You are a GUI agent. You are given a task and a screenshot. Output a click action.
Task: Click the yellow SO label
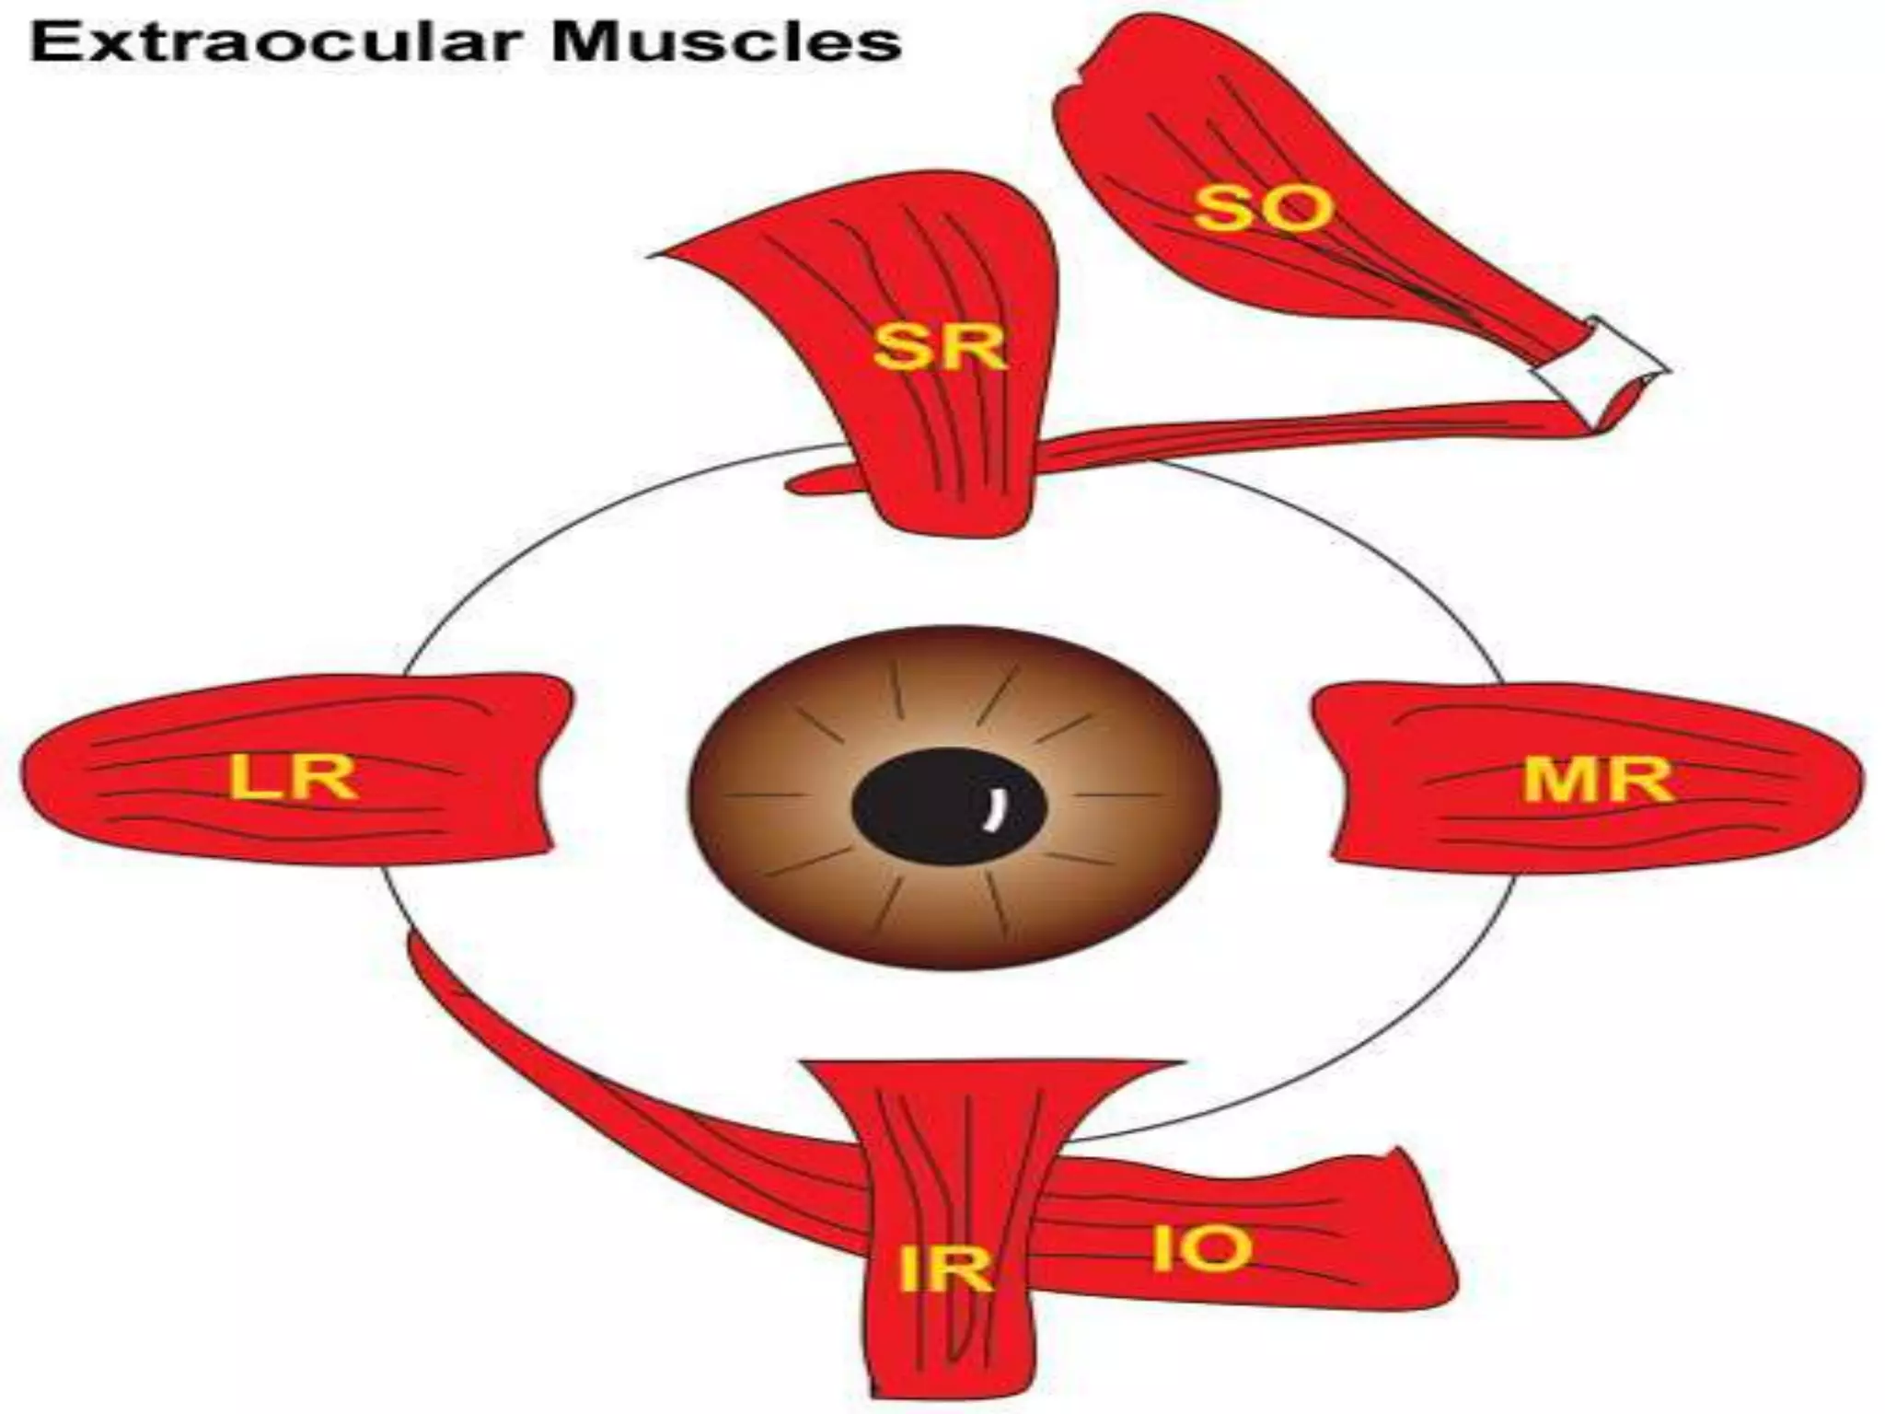point(1263,209)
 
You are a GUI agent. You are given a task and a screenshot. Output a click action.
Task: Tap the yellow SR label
point(939,349)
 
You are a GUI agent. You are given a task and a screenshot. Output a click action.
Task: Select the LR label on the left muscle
point(293,778)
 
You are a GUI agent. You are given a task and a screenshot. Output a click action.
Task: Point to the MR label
point(1597,781)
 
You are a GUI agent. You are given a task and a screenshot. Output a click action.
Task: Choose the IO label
point(1201,1249)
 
